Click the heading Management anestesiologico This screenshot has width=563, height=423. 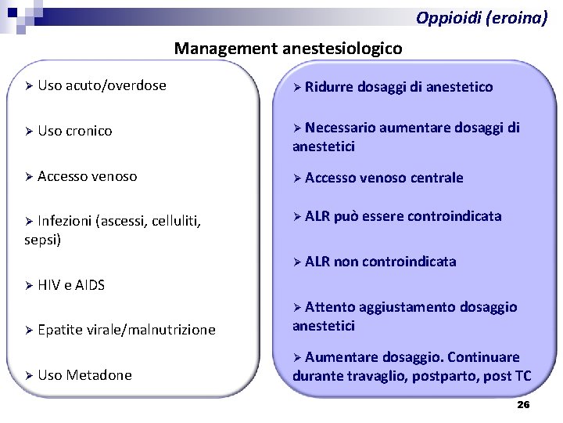288,49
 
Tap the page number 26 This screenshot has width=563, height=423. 523,405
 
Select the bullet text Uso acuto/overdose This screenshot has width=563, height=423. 102,85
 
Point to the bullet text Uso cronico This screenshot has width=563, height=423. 75,131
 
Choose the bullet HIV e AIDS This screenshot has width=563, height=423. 71,285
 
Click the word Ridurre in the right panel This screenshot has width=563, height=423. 329,87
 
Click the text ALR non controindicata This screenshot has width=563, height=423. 380,262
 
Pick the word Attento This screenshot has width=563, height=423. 329,307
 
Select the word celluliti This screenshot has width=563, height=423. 173,221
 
